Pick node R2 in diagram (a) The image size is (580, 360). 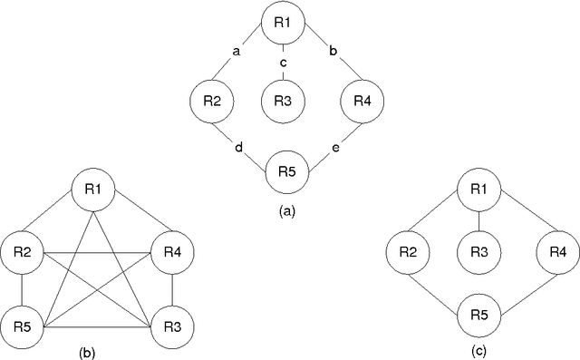coord(212,101)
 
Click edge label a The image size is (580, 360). coord(237,52)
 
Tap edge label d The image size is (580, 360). coord(237,146)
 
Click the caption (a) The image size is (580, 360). coord(285,210)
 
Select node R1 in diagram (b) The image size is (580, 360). coord(95,191)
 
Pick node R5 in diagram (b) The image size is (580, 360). coord(23,324)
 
